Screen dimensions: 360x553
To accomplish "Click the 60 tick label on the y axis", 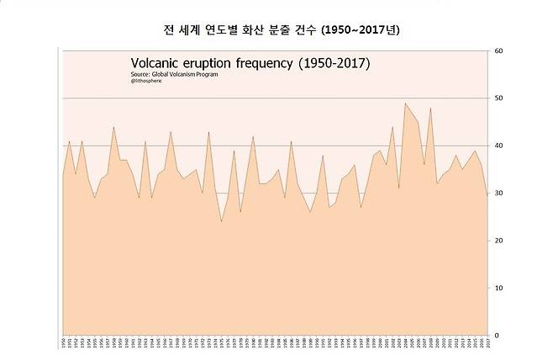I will pyautogui.click(x=498, y=51).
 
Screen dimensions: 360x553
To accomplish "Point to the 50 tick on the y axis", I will pyautogui.click(x=498, y=98).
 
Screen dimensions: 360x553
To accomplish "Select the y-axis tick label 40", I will pyautogui.click(x=498, y=146).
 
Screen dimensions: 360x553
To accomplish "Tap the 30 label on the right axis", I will pyautogui.click(x=498, y=193).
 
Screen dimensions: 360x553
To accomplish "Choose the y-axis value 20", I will pyautogui.click(x=498, y=241).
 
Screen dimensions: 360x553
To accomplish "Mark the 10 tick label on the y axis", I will pyautogui.click(x=498, y=288).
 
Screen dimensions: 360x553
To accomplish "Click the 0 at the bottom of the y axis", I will pyautogui.click(x=497, y=335).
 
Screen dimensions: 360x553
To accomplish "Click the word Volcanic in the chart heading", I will pyautogui.click(x=156, y=63).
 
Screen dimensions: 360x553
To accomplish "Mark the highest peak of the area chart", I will pyautogui.click(x=406, y=103).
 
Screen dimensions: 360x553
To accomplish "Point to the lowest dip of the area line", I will pyautogui.click(x=222, y=221).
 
